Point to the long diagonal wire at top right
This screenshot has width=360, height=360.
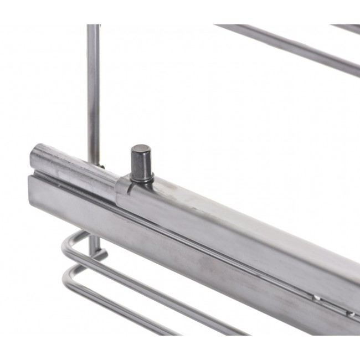coord(288,47)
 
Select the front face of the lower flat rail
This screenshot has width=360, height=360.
coord(166,249)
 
